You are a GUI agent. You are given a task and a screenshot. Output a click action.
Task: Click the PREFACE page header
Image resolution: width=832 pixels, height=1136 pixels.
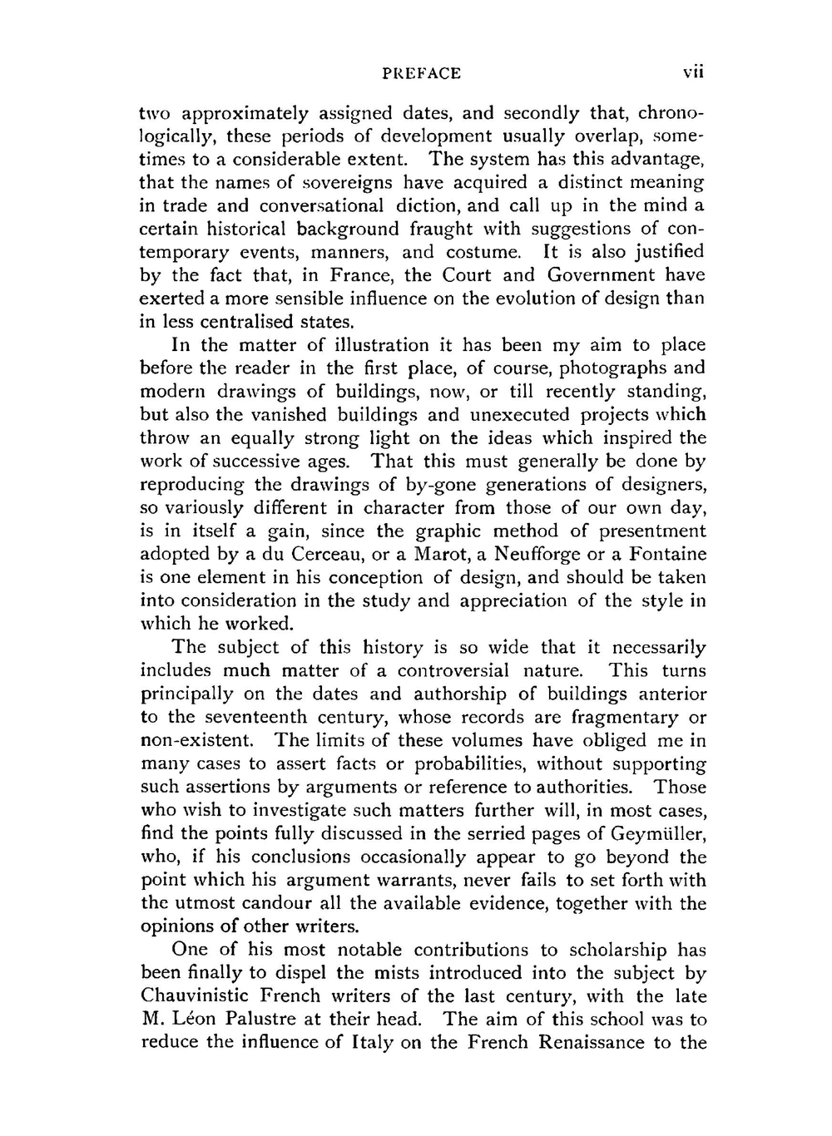pyautogui.click(x=421, y=73)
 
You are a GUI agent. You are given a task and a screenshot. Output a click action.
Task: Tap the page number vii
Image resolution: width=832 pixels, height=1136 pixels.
pyautogui.click(x=693, y=73)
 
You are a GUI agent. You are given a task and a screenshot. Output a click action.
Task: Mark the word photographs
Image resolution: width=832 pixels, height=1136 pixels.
pyautogui.click(x=611, y=368)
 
